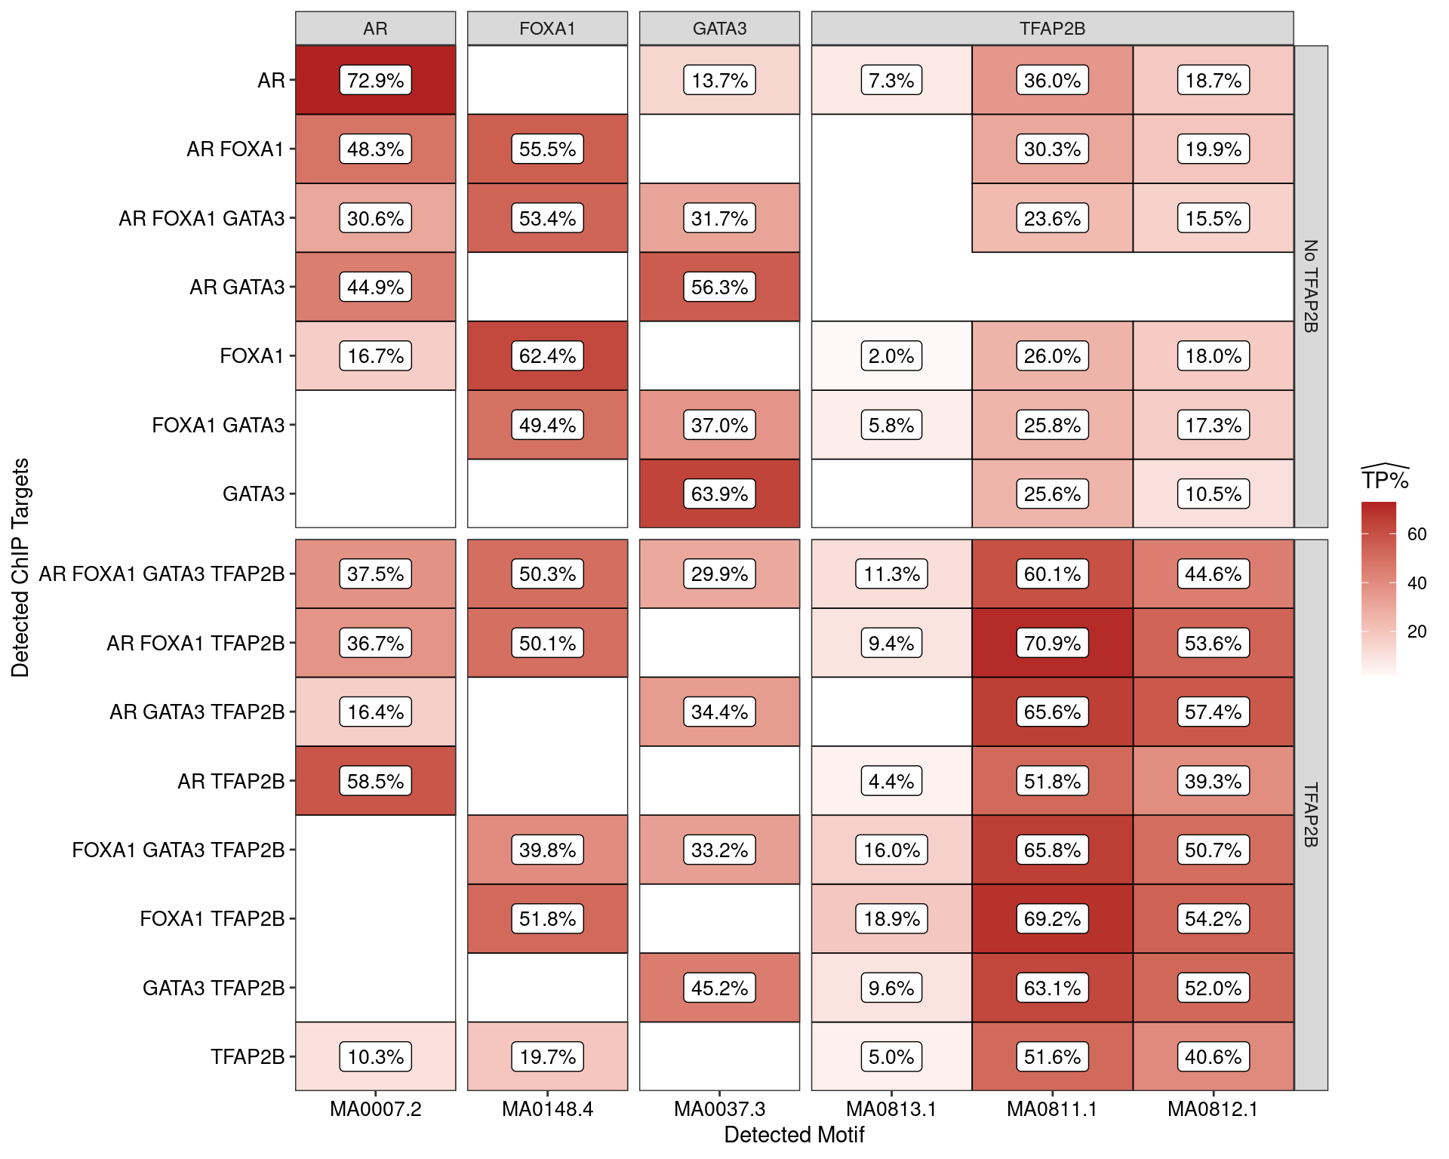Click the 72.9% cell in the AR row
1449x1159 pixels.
(375, 80)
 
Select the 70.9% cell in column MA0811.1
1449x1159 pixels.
(1052, 643)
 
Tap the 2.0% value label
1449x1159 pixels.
(891, 356)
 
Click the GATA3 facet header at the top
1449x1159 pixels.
(719, 29)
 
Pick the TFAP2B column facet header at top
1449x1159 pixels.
(1052, 29)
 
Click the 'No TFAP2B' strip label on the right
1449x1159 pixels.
(1311, 287)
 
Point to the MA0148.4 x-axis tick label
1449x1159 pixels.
(547, 1109)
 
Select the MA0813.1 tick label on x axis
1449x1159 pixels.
(891, 1109)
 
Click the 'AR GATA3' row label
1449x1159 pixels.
(237, 287)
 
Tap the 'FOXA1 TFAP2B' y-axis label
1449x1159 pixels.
(212, 919)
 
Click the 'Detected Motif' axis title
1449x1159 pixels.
(794, 1135)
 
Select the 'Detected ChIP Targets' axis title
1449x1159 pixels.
(20, 567)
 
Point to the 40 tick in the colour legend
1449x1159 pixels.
(1417, 583)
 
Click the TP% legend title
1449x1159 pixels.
(1385, 481)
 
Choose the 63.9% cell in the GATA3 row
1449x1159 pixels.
(719, 494)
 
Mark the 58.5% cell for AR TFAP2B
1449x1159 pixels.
(375, 781)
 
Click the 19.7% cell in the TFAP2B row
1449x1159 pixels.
(547, 1056)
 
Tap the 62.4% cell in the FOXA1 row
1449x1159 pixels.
(547, 356)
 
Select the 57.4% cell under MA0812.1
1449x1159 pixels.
(1213, 712)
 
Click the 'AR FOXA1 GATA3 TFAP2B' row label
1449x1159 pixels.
(162, 574)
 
